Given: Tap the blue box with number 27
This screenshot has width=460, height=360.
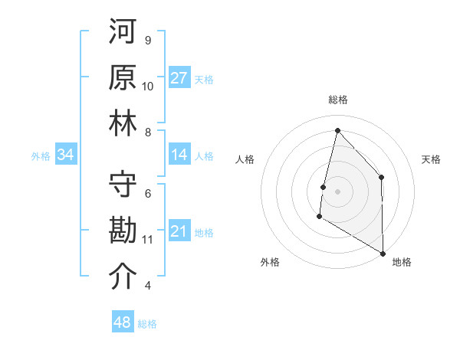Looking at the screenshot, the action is (x=179, y=78).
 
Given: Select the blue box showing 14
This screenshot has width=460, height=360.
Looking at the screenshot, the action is (x=179, y=155).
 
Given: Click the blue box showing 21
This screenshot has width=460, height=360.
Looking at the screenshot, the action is (x=179, y=231).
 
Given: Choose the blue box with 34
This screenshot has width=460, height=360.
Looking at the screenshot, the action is (x=66, y=155).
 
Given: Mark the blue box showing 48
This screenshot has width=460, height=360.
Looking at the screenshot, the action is (x=122, y=322).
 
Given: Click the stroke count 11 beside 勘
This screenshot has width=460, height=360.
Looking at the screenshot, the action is (x=148, y=240).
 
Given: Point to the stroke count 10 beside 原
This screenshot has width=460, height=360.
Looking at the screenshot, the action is (x=148, y=87).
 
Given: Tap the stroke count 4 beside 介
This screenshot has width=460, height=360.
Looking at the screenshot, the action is (x=148, y=286).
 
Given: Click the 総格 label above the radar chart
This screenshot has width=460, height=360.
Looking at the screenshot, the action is (x=337, y=100).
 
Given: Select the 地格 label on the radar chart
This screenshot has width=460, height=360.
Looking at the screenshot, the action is (x=402, y=262).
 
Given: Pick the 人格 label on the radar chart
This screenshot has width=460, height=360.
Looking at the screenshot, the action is (x=245, y=159).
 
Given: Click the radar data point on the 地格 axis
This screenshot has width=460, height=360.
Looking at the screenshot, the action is (x=383, y=253).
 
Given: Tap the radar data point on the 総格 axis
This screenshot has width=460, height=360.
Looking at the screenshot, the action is (x=337, y=130).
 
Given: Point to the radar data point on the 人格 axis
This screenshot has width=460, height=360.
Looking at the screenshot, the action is (x=324, y=187).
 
